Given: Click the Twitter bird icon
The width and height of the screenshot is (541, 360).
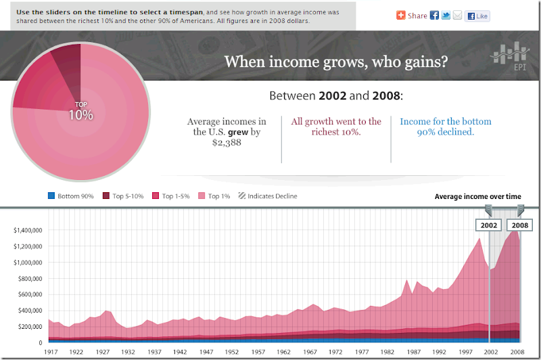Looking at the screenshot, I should [446, 16].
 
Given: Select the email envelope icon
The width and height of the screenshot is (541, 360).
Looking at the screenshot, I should [458, 16].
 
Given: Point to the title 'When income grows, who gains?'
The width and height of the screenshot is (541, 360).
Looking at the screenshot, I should [335, 62].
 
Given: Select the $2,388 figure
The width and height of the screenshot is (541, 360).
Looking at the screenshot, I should [227, 143].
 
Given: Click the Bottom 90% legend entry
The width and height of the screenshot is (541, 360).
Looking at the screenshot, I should [71, 196].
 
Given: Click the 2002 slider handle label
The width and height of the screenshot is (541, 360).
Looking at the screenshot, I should [490, 225].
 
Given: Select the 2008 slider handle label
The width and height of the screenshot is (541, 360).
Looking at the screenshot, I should [520, 225].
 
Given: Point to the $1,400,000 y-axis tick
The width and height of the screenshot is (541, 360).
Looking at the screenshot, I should [28, 230].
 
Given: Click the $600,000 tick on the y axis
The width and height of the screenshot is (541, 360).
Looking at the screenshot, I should [30, 294].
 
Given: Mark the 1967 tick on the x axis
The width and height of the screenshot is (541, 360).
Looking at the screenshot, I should [310, 352].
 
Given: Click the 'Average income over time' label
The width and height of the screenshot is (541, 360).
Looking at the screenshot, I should [477, 196].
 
